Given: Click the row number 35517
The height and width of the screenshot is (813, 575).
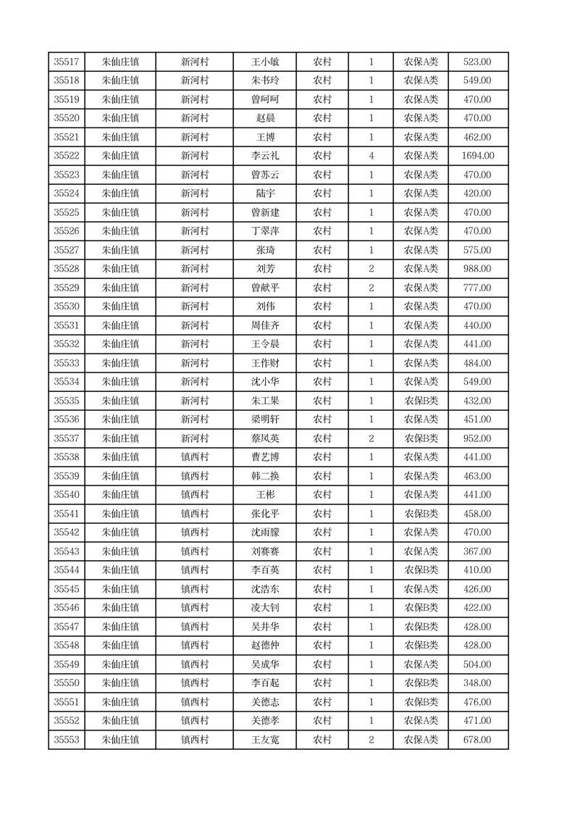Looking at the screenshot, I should [67, 62].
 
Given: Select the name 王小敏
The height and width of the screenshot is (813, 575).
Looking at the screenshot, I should [265, 62].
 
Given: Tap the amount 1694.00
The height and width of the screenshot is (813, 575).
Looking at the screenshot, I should [477, 156].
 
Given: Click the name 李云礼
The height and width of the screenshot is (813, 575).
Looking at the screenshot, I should [265, 156].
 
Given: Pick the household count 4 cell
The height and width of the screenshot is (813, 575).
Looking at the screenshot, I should [371, 156].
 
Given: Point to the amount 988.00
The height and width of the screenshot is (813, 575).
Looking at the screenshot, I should [477, 269].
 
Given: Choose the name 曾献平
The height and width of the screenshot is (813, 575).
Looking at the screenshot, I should [265, 288].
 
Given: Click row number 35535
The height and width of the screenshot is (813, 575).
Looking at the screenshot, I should [67, 401].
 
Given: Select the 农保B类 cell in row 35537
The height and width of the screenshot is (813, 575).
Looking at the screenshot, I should [421, 438].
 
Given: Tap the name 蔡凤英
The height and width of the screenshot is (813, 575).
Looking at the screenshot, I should [265, 438].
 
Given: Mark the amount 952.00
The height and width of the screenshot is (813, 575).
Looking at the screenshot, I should [477, 438].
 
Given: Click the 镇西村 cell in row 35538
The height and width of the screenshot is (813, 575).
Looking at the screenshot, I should [195, 457].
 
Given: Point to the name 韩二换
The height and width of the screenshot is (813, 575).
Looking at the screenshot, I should [265, 476].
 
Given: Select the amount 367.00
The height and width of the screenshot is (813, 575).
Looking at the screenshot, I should [477, 551].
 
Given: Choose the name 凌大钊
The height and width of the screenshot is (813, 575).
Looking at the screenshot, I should [265, 608].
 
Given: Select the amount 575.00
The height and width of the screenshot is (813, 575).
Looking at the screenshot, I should [477, 250].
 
